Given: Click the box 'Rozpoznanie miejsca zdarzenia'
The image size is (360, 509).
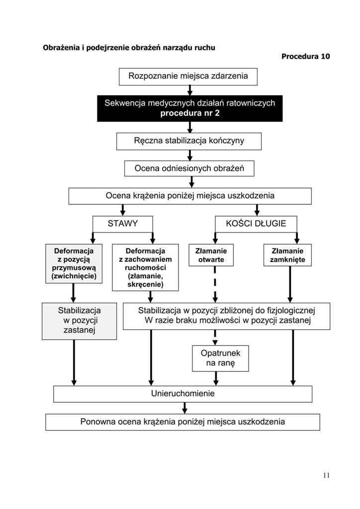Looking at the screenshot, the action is (188, 77).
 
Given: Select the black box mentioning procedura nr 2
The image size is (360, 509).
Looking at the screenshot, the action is (190, 108).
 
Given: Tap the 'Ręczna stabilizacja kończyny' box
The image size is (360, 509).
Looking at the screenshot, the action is (189, 141).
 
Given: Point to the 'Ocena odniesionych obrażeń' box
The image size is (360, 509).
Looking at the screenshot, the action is (189, 169).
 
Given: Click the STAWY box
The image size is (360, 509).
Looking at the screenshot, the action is (123, 224).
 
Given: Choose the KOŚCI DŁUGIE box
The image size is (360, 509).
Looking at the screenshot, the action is (256, 224).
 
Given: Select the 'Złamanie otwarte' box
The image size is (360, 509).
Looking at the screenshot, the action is (211, 255).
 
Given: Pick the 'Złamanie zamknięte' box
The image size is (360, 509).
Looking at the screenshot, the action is (287, 255).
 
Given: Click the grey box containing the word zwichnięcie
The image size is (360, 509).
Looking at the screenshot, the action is (74, 263).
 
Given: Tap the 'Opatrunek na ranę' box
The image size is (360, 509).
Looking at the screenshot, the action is (220, 358).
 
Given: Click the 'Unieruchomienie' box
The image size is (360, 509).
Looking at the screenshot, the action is (183, 394).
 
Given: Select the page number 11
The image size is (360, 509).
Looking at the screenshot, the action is (326, 475).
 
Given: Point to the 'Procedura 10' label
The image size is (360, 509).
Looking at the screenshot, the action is (305, 57).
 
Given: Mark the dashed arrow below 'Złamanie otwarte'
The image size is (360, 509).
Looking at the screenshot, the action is (215, 284).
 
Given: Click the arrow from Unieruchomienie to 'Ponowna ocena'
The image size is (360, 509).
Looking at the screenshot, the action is (184, 408).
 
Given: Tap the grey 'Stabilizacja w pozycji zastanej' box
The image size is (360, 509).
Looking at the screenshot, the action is (79, 322).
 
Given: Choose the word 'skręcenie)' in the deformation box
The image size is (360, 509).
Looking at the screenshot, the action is (145, 285).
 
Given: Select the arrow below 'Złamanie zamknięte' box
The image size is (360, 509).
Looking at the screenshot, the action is (290, 284).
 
